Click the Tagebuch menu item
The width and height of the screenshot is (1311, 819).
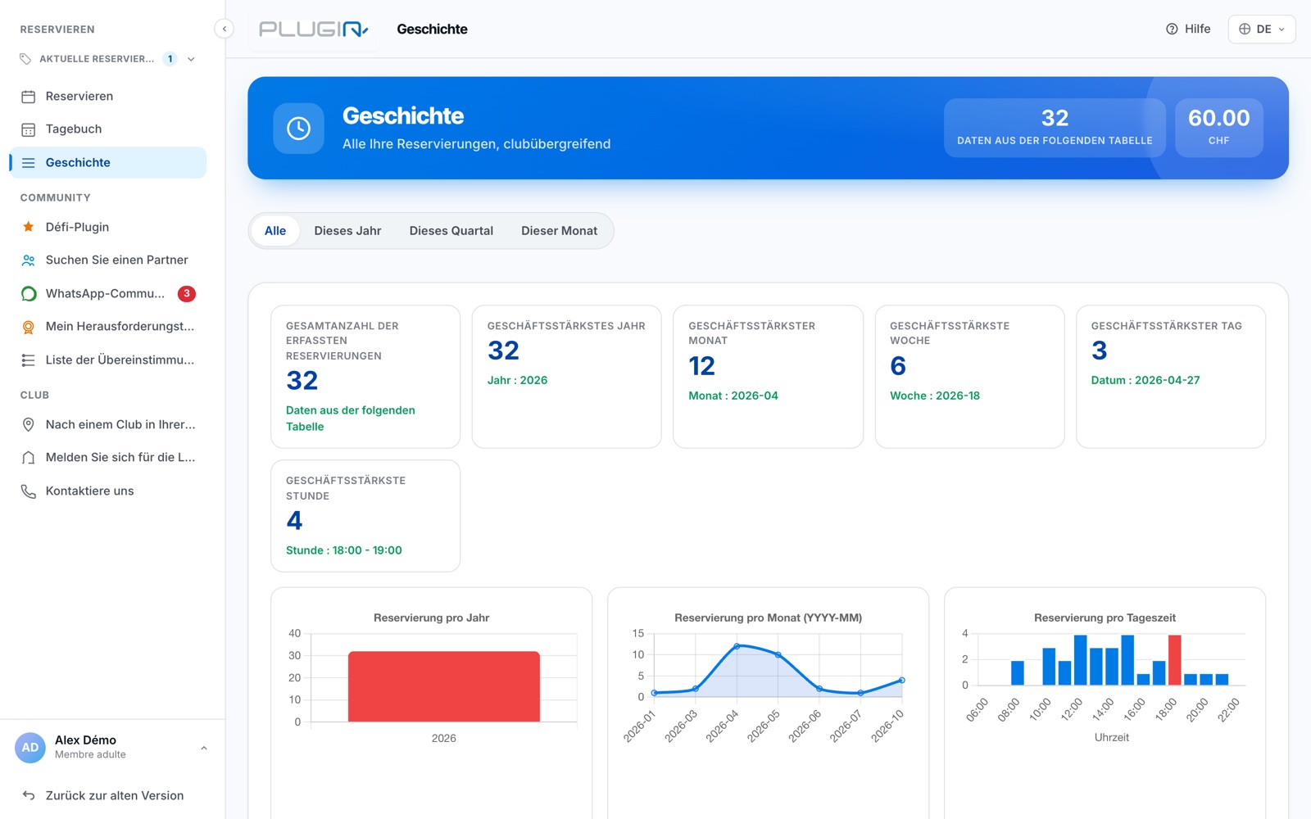click(x=73, y=129)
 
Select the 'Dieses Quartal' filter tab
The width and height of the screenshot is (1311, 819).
click(x=451, y=230)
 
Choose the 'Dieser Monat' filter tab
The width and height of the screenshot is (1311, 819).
click(x=559, y=230)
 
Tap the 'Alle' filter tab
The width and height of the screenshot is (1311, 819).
click(x=275, y=230)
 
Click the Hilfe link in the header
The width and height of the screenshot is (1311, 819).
click(x=1188, y=29)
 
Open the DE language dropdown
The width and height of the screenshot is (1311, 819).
click(x=1261, y=29)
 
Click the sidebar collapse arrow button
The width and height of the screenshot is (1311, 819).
click(x=225, y=29)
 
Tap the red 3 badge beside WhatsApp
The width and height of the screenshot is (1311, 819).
click(x=187, y=293)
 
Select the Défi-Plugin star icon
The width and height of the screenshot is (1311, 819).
click(x=28, y=226)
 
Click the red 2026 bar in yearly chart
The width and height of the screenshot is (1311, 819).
click(x=443, y=686)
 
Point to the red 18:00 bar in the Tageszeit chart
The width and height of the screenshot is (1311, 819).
click(x=1174, y=660)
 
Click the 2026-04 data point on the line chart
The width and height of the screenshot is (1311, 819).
click(x=737, y=646)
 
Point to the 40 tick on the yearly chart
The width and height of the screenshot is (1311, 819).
click(x=294, y=633)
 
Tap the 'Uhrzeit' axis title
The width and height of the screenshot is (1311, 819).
click(x=1111, y=737)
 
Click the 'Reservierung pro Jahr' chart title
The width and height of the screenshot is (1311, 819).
click(x=431, y=618)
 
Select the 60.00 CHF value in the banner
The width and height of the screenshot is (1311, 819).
click(x=1218, y=118)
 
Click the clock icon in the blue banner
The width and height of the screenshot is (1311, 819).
click(x=298, y=128)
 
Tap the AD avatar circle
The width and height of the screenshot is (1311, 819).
click(x=29, y=747)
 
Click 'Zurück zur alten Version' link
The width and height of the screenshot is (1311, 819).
click(x=114, y=795)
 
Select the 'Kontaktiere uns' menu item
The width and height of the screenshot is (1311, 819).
click(x=89, y=491)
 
